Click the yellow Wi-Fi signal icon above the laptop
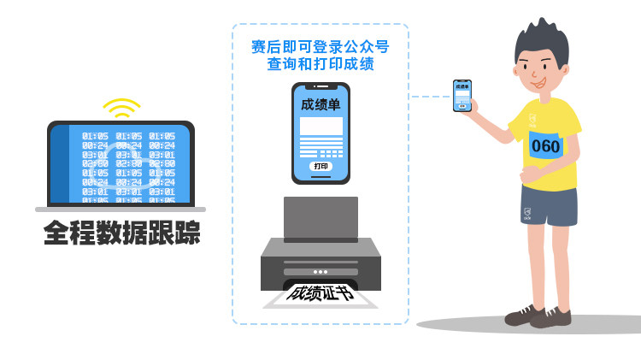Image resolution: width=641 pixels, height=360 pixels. (121, 108)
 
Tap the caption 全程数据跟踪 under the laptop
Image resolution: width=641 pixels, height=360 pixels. (121, 233)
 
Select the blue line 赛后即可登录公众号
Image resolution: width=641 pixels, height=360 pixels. (320, 46)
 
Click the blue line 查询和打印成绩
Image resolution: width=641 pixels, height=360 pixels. (320, 64)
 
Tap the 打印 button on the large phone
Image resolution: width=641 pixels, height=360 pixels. (320, 166)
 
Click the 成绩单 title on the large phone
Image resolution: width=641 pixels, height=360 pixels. (320, 104)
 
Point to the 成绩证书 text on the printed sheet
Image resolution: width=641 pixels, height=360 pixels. (320, 292)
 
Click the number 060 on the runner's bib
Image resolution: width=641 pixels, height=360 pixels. (545, 145)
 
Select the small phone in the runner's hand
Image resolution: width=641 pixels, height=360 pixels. (462, 96)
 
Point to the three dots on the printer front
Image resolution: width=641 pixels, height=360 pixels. (320, 272)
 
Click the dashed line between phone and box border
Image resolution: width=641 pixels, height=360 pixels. (430, 97)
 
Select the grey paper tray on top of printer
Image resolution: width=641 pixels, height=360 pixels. (320, 218)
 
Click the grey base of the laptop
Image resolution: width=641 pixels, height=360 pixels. (121, 209)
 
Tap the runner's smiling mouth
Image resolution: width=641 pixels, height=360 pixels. (538, 85)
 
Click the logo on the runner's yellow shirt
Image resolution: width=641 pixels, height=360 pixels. (532, 121)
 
